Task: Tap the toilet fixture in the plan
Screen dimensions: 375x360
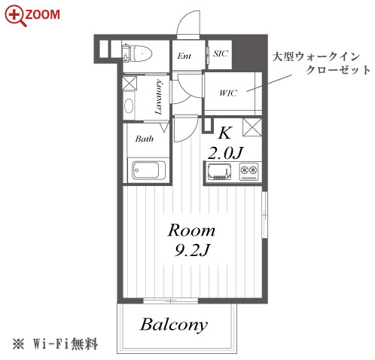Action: click(x=137, y=53)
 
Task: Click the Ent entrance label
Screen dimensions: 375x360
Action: click(x=184, y=56)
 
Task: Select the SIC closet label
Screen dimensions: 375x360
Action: click(x=221, y=53)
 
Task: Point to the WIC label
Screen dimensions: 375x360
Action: click(x=228, y=93)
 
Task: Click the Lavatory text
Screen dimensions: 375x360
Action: click(x=158, y=97)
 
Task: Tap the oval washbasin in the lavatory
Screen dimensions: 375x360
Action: click(x=129, y=106)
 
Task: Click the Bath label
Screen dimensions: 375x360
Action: click(x=145, y=139)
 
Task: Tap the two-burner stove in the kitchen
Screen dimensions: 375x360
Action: click(x=248, y=172)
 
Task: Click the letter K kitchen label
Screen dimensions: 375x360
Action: click(x=225, y=133)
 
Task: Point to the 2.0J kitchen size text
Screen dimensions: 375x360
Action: click(x=225, y=153)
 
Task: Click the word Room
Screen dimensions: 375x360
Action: click(x=191, y=230)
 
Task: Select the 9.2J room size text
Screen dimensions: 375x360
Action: click(x=192, y=250)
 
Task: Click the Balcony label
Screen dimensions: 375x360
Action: click(x=174, y=325)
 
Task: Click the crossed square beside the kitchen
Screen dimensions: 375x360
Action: click(x=252, y=127)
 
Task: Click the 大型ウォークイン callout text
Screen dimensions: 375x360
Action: click(x=316, y=56)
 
